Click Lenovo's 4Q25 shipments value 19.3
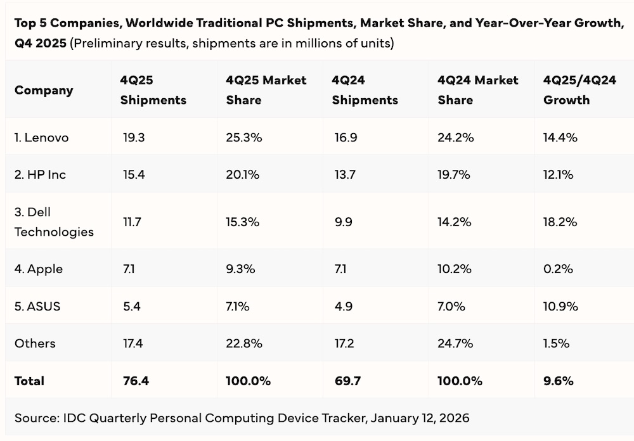pyautogui.click(x=134, y=137)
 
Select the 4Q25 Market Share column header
pyautogui.click(x=266, y=90)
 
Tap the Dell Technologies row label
pyautogui.click(x=54, y=222)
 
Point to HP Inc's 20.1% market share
pyautogui.click(x=242, y=174)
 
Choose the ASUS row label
pyautogui.click(x=37, y=307)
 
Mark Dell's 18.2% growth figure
pyautogui.click(x=560, y=222)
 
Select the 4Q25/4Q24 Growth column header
pyautogui.click(x=579, y=90)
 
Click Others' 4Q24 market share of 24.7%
pyautogui.click(x=455, y=343)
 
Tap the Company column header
pyautogui.click(x=44, y=90)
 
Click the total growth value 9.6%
pyautogui.click(x=559, y=381)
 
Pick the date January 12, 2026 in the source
pyautogui.click(x=420, y=418)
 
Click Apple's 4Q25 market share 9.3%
pyautogui.click(x=240, y=269)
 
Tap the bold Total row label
pyautogui.click(x=29, y=381)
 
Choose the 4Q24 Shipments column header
pyautogui.click(x=365, y=90)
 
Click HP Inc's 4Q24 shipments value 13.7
pyautogui.click(x=345, y=174)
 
